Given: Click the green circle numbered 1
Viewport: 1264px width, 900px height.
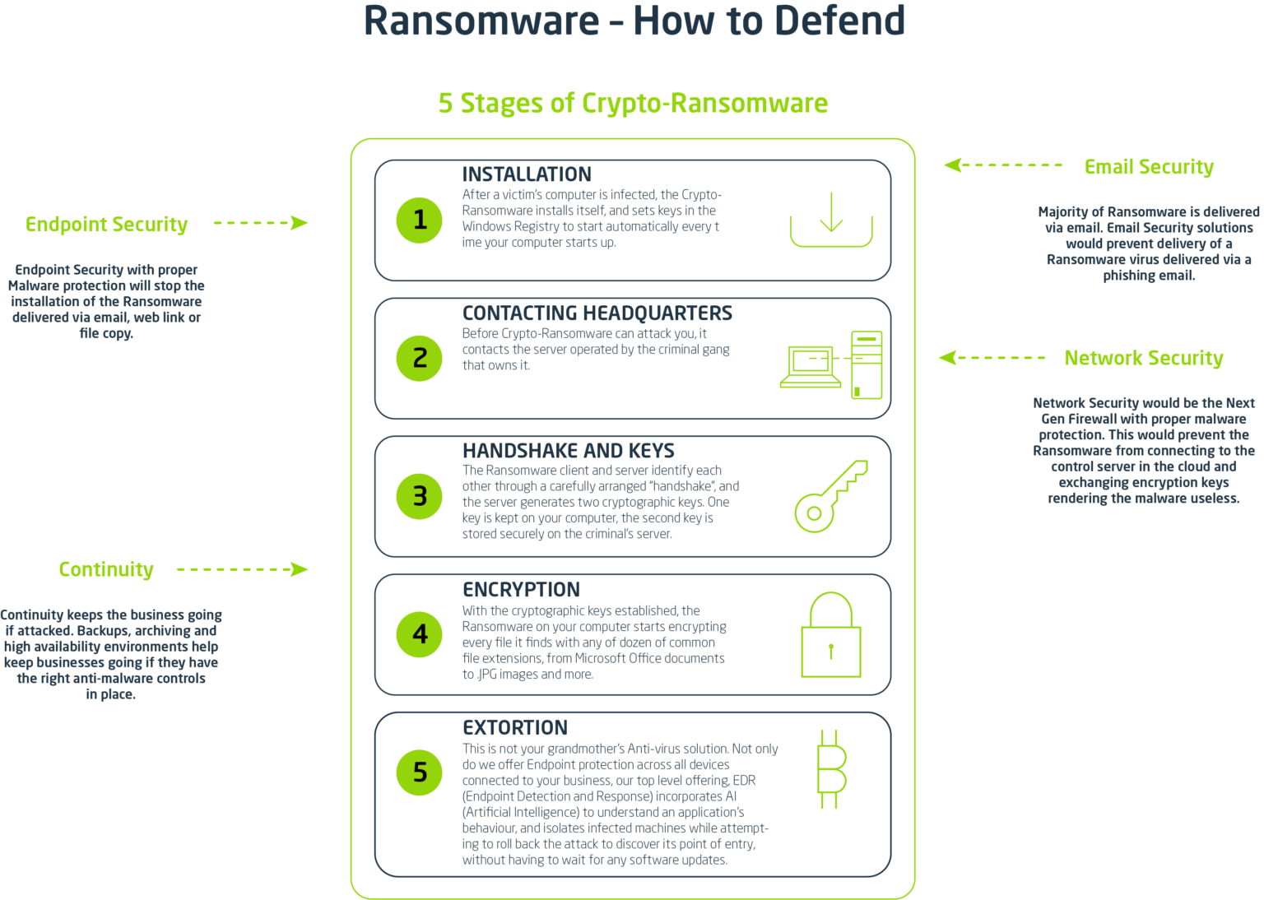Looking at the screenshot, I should (x=420, y=220).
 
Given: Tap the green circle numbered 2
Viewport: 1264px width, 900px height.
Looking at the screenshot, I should (x=420, y=358).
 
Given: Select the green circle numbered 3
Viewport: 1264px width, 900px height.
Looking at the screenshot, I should (x=420, y=496).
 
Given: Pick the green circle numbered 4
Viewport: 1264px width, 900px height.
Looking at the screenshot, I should (x=420, y=634).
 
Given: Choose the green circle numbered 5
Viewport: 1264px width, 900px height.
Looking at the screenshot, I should (x=420, y=772).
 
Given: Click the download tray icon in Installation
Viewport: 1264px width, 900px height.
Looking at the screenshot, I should (x=831, y=220).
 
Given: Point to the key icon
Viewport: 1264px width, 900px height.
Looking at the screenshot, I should (x=830, y=496).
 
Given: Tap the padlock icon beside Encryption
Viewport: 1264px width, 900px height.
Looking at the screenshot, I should (x=831, y=635).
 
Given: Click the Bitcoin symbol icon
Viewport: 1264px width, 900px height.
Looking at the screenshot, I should (x=831, y=769).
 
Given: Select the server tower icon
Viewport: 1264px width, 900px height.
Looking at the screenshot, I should (x=867, y=365).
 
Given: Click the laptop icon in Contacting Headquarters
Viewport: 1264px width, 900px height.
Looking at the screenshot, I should (x=811, y=367).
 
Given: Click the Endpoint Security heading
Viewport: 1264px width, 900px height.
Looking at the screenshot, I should (x=106, y=224).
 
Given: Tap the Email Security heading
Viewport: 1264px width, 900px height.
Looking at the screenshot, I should (x=1149, y=167).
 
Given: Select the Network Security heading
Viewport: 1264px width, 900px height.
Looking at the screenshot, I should (x=1143, y=358).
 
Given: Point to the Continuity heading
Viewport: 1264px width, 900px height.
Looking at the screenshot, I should (x=106, y=569).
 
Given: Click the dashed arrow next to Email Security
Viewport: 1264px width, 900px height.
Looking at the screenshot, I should (x=1003, y=165).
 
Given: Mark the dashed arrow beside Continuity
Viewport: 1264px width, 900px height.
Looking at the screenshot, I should (x=242, y=569).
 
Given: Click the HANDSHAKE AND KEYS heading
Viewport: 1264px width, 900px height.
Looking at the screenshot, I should (x=568, y=451).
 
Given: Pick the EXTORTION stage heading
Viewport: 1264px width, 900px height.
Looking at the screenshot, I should (x=515, y=728).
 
